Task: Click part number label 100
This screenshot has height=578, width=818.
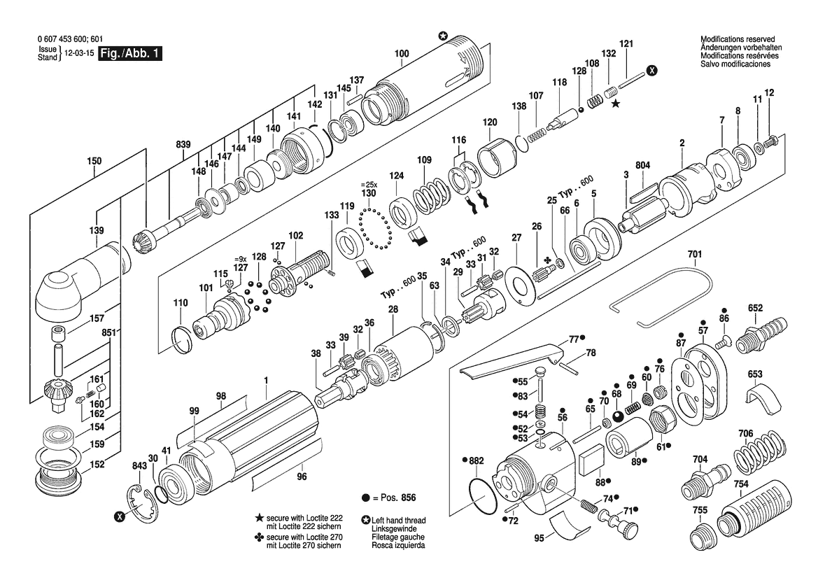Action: point(402,53)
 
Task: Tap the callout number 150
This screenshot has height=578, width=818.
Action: point(94,161)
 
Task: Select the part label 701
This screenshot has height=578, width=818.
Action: point(695,255)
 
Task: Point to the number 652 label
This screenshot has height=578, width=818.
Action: point(756,308)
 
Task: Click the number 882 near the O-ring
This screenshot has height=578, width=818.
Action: point(477,460)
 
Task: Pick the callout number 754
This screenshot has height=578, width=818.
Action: point(741,484)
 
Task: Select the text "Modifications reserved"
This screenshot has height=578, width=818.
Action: point(737,39)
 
